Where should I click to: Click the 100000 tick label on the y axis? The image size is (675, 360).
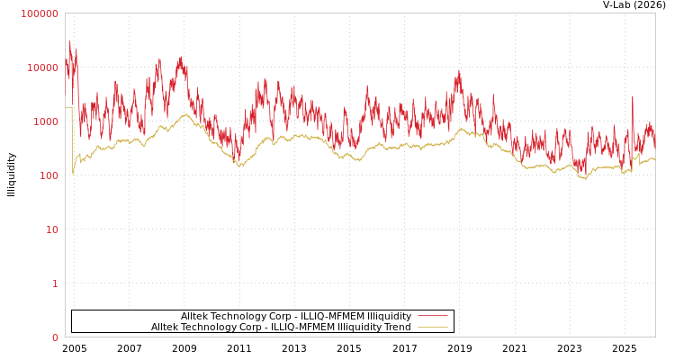tap(40, 13)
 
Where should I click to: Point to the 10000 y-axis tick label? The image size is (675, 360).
tap(43, 67)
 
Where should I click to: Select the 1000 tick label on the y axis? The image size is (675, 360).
tap(46, 121)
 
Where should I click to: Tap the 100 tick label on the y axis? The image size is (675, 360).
tap(49, 175)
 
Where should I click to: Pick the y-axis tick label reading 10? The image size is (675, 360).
tap(51, 229)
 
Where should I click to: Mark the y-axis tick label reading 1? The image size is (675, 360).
tap(55, 283)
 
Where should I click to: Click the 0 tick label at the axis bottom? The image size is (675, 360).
tap(55, 337)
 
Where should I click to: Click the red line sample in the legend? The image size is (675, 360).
tap(433, 316)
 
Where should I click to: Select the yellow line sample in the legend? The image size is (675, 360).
tap(433, 327)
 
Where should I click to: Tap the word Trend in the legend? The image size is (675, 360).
tap(397, 327)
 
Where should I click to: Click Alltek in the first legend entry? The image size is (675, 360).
tap(195, 316)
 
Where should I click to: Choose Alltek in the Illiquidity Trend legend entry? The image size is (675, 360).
tap(166, 327)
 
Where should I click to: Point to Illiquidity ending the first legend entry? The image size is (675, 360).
tap(388, 316)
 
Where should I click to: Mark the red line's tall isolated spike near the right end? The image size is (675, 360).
tap(632, 97)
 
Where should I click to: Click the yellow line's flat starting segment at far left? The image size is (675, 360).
tap(68, 107)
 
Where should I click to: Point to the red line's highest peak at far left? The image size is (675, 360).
tap(69, 41)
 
